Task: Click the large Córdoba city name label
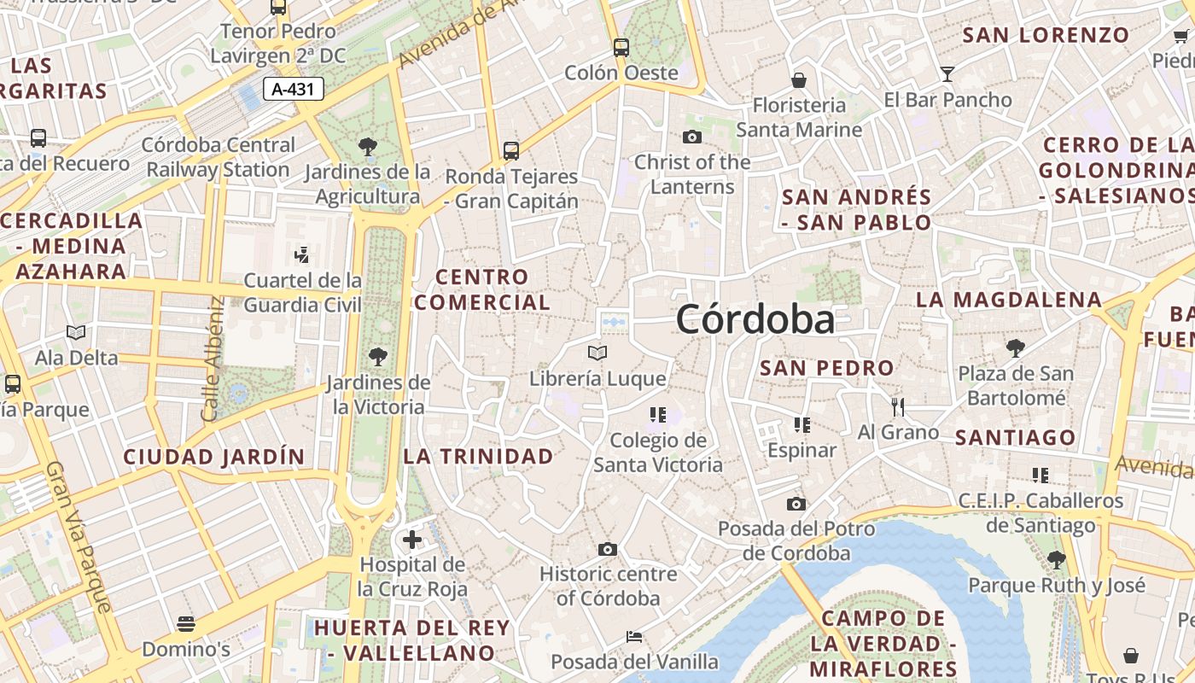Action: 755,320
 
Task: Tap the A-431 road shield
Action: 294,89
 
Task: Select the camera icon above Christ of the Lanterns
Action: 691,137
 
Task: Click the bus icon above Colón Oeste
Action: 621,48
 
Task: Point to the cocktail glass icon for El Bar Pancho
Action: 947,74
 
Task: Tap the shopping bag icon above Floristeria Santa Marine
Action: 799,80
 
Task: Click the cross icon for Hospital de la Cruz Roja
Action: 412,540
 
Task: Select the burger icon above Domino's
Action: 186,624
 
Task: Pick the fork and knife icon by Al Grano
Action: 897,406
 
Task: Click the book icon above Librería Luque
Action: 597,353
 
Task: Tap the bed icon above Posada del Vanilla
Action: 634,637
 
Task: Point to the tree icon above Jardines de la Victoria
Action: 377,356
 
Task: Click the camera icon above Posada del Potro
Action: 796,504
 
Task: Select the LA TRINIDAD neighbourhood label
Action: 478,457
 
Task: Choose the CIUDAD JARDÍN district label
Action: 214,457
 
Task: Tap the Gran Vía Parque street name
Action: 79,538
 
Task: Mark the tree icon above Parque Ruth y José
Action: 1056,560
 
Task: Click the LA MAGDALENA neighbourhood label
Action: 1009,301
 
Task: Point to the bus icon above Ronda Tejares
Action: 511,151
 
